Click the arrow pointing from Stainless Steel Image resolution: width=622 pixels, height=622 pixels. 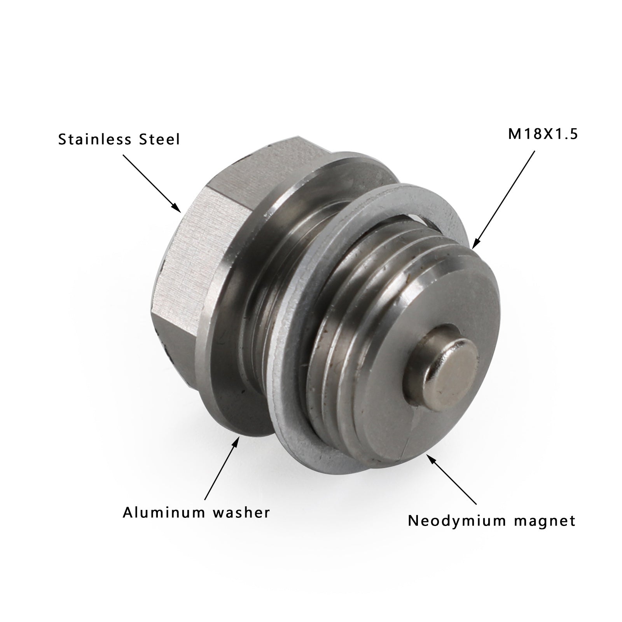click(152, 183)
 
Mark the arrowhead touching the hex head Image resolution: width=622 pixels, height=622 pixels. click(179, 210)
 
